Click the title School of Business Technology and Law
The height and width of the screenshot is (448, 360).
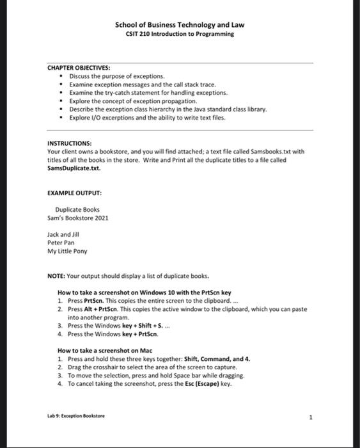pyautogui.click(x=180, y=25)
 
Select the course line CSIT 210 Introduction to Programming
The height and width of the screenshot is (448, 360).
pyautogui.click(x=180, y=34)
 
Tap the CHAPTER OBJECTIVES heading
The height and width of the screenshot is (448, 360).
pyautogui.click(x=79, y=67)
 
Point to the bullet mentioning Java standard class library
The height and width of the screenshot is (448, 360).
pyautogui.click(x=168, y=109)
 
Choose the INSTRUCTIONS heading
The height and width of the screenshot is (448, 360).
pyautogui.click(x=70, y=143)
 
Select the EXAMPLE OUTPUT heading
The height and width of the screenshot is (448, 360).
pyautogui.click(x=75, y=192)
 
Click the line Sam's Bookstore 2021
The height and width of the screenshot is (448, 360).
pyautogui.click(x=77, y=218)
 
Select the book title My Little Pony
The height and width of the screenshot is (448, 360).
pyautogui.click(x=67, y=251)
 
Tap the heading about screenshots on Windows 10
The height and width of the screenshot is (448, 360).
pyautogui.click(x=145, y=292)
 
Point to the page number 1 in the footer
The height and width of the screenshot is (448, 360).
pyautogui.click(x=310, y=417)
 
